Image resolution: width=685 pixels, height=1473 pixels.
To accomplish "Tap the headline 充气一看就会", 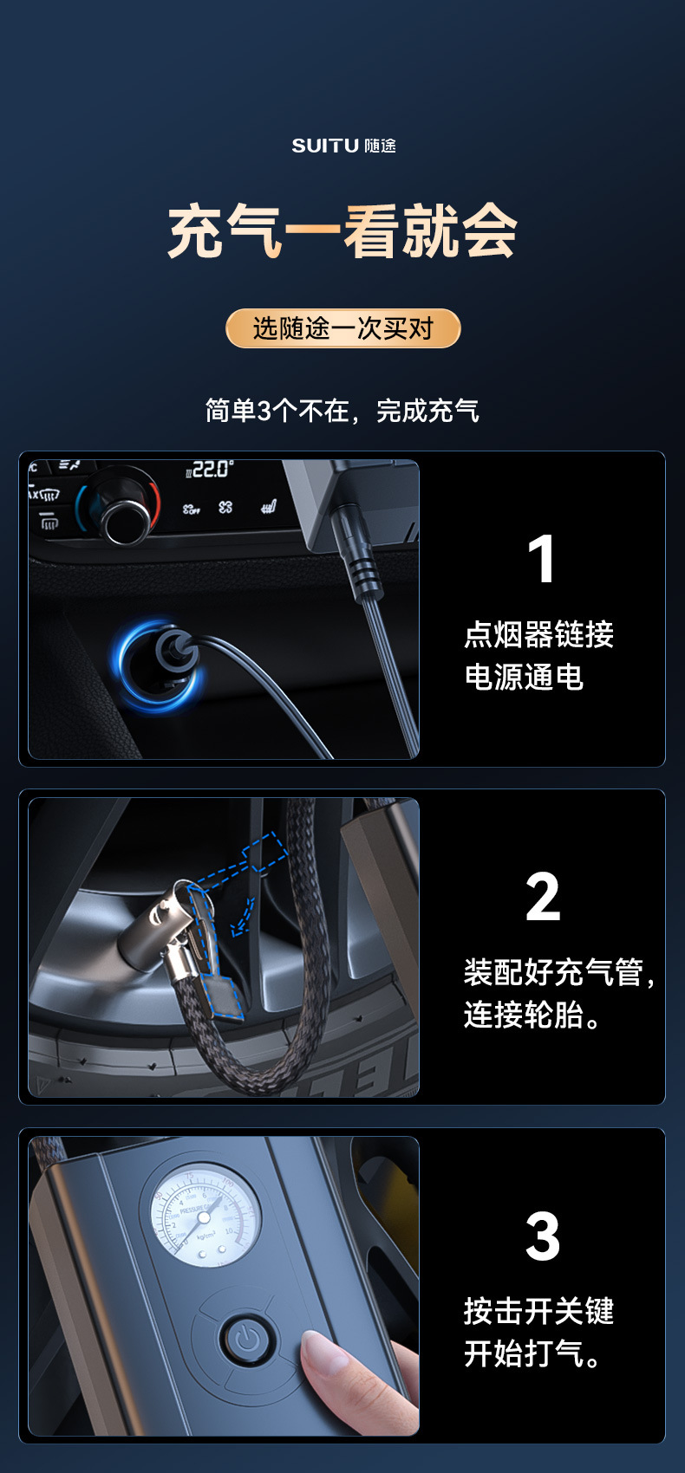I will (342, 231).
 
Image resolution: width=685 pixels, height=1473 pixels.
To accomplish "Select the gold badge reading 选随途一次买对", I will (342, 328).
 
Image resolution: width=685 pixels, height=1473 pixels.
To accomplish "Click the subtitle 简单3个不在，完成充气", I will (342, 410).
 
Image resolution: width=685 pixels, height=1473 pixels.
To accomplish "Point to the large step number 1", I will (542, 560).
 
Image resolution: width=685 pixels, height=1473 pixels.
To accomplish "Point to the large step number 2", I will (543, 898).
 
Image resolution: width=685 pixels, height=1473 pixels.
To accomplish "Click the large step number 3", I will (543, 1236).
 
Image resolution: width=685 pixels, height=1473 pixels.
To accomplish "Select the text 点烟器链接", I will (538, 634).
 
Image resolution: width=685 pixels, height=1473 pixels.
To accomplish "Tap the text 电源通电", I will (524, 677).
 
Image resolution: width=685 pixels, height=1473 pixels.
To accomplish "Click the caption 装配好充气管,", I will (558, 972).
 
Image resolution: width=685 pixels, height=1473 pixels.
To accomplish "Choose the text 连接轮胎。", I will (533, 1015).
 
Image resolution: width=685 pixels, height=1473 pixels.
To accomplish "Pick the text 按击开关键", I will (538, 1311).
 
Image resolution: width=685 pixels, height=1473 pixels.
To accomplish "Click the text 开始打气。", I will (533, 1353).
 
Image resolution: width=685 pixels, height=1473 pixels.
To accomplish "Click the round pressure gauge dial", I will (205, 1217).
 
